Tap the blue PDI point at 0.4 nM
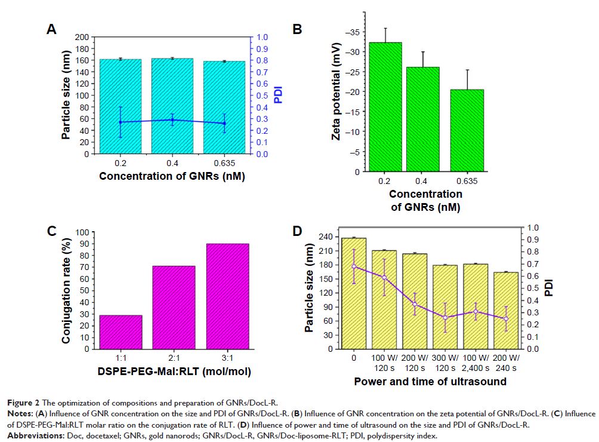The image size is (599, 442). (x=172, y=120)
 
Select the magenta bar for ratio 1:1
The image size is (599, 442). (x=121, y=331)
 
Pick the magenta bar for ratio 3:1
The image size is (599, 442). (x=227, y=296)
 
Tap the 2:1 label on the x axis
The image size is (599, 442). (x=174, y=358)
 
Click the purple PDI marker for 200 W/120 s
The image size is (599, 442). (x=415, y=304)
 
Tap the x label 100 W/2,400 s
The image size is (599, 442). (x=477, y=363)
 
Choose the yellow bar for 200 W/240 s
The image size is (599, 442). (x=507, y=310)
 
